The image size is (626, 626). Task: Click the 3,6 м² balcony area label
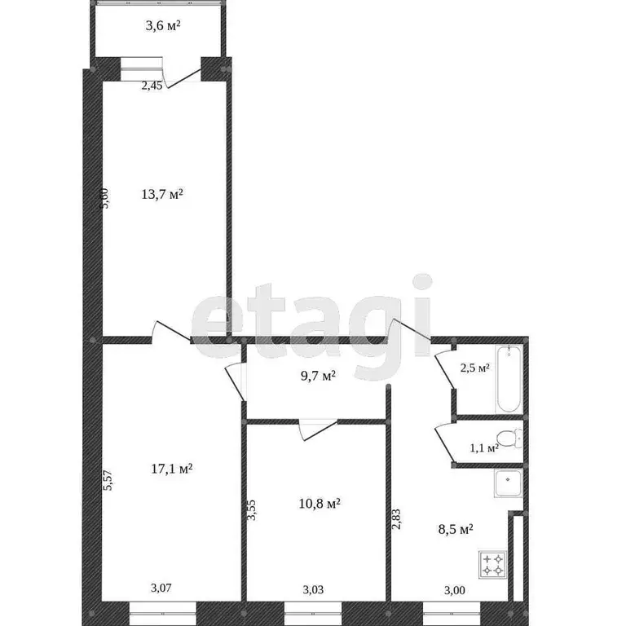pyautogui.click(x=162, y=25)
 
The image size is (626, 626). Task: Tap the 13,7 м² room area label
pyautogui.click(x=162, y=194)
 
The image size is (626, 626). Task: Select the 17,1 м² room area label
pyautogui.click(x=171, y=469)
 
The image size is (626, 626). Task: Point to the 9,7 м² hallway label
pyautogui.click(x=317, y=376)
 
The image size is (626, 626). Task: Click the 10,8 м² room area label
pyautogui.click(x=319, y=504)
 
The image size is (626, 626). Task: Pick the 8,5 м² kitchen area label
pyautogui.click(x=455, y=529)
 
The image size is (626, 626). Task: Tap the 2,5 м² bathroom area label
pyautogui.click(x=474, y=368)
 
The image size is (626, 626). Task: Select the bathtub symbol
pyautogui.click(x=508, y=379)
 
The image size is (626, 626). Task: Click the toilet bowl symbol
pyautogui.click(x=509, y=439)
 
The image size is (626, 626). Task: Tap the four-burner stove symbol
pyautogui.click(x=492, y=564)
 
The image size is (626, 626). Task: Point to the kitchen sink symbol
pyautogui.click(x=508, y=484)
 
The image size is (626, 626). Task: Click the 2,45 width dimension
pyautogui.click(x=152, y=86)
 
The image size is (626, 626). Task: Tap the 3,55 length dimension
pyautogui.click(x=252, y=512)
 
